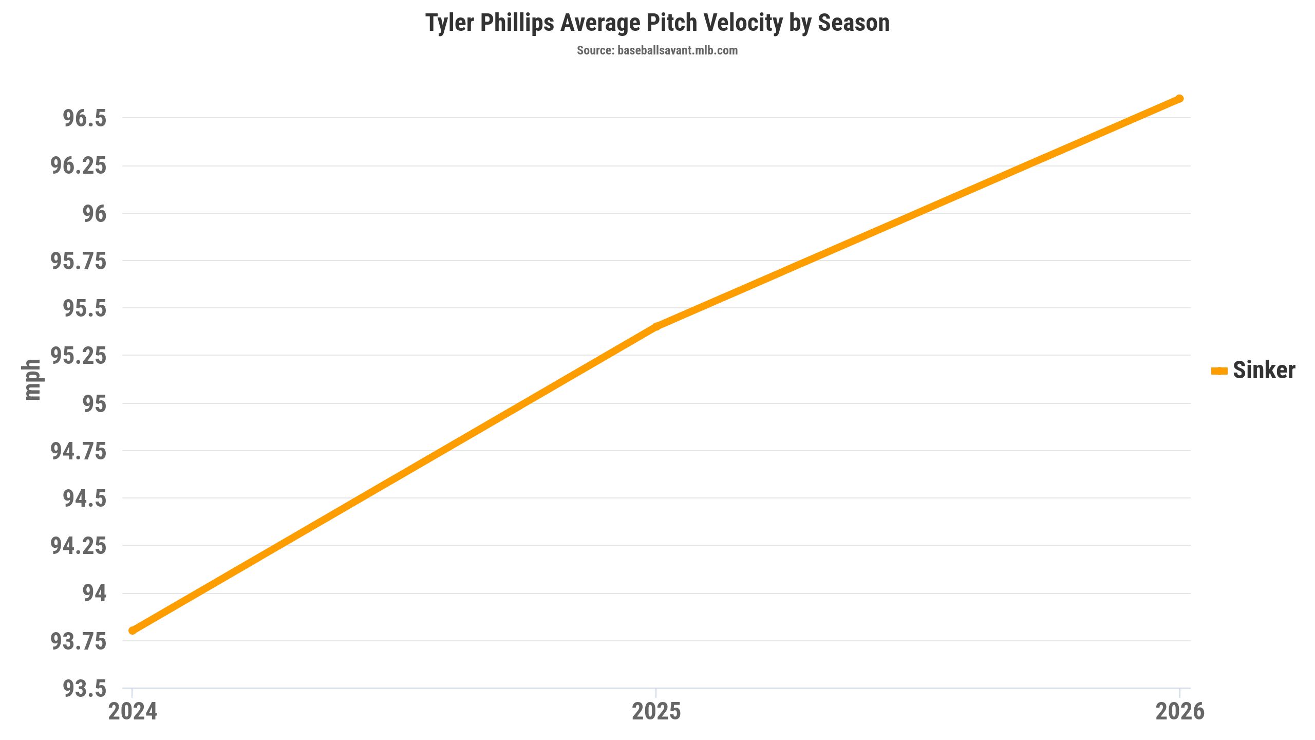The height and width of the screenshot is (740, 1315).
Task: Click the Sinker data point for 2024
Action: point(133,630)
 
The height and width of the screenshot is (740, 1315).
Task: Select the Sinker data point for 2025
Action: point(656,326)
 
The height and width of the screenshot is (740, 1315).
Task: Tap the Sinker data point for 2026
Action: point(1180,99)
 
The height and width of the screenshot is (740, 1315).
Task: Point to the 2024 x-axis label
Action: point(133,712)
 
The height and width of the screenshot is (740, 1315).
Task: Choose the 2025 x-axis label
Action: point(656,712)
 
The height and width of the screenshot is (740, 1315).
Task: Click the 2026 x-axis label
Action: point(1180,712)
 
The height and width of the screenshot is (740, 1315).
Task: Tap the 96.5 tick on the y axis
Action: point(85,118)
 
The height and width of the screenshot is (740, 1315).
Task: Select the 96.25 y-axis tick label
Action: point(79,165)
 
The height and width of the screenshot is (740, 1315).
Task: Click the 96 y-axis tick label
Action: point(95,213)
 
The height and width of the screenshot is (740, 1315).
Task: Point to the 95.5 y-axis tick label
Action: point(85,308)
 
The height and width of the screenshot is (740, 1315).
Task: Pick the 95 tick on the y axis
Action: point(95,403)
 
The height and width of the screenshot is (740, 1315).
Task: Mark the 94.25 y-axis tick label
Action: point(79,546)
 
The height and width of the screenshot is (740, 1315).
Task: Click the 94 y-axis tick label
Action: point(95,593)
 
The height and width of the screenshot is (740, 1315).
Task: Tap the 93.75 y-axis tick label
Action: point(79,641)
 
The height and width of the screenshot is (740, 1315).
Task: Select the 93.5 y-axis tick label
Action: point(85,688)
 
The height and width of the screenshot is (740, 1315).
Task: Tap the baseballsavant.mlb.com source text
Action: point(677,50)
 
